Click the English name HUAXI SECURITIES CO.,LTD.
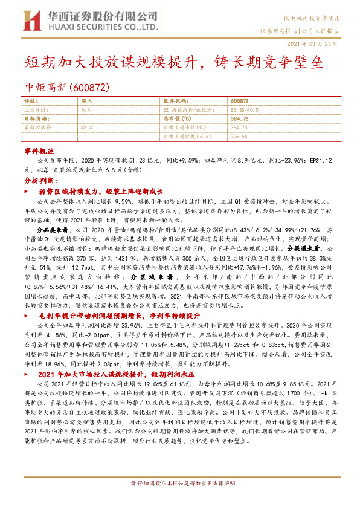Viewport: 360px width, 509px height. point(80,27)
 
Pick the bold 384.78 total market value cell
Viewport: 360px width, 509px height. point(240,119)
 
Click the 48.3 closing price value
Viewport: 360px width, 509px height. point(86,128)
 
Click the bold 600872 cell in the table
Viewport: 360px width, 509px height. point(240,102)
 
